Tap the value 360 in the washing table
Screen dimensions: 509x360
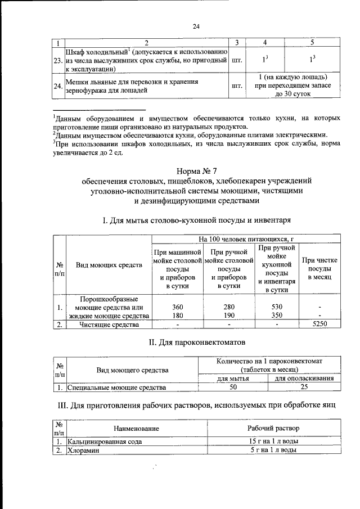click(x=177, y=307)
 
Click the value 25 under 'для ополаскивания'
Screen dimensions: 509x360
click(x=303, y=388)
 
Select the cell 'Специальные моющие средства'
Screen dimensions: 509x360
click(x=116, y=388)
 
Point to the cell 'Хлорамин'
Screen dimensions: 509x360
click(x=83, y=451)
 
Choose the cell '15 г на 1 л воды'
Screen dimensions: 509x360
click(x=274, y=442)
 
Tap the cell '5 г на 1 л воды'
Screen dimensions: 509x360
click(x=274, y=451)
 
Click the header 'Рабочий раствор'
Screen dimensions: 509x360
click(x=274, y=429)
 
